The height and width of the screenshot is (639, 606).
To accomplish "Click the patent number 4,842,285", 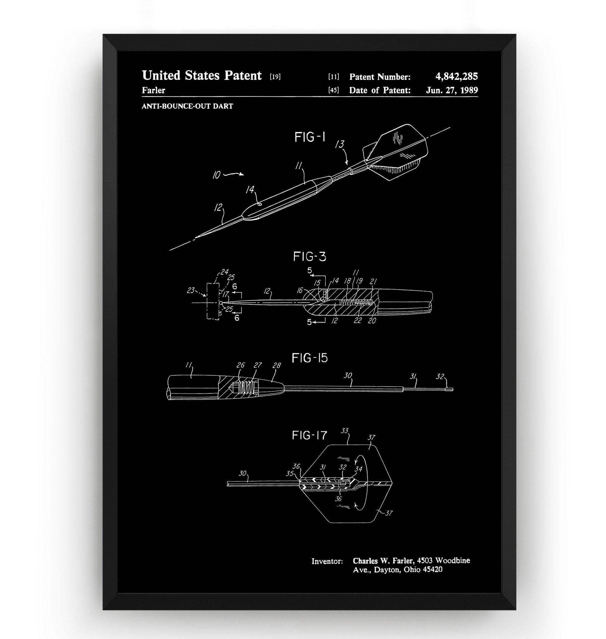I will click(456, 76).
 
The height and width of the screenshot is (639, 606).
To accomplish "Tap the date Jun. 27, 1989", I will click(451, 90).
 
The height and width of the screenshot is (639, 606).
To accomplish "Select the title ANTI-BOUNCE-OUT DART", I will click(187, 106).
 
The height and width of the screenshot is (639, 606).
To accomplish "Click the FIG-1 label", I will click(309, 138).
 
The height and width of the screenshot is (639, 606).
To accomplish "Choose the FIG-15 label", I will click(309, 358).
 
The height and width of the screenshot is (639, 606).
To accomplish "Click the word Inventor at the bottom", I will click(327, 561).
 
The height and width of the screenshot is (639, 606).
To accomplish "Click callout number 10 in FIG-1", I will click(216, 175).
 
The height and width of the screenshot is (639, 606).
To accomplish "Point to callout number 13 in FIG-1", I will click(339, 144).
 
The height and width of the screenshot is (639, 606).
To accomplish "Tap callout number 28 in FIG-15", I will click(277, 365).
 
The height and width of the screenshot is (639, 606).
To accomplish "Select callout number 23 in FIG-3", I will click(191, 290).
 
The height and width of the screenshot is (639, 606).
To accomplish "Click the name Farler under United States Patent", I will click(153, 90).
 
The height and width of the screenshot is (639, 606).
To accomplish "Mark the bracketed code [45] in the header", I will click(333, 90).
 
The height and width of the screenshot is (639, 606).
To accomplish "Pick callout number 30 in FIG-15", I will click(347, 375).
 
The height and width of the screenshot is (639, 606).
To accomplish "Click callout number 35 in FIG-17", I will click(289, 474).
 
